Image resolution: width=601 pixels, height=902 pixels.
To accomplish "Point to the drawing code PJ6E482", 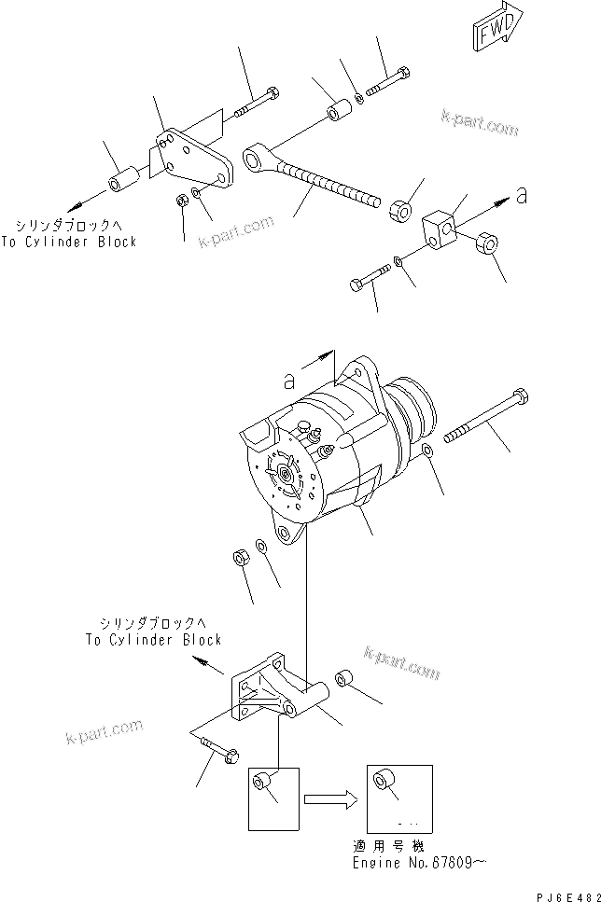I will click(x=562, y=894).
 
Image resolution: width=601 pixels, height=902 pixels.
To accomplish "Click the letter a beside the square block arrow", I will click(x=521, y=196).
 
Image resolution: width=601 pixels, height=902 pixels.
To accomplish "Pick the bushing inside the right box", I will click(x=382, y=780).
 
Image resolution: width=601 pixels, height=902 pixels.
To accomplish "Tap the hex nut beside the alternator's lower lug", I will click(x=238, y=558).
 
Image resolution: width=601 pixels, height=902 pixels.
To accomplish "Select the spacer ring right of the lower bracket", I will click(x=345, y=678).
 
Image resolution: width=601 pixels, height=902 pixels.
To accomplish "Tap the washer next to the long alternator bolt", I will click(x=426, y=452).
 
